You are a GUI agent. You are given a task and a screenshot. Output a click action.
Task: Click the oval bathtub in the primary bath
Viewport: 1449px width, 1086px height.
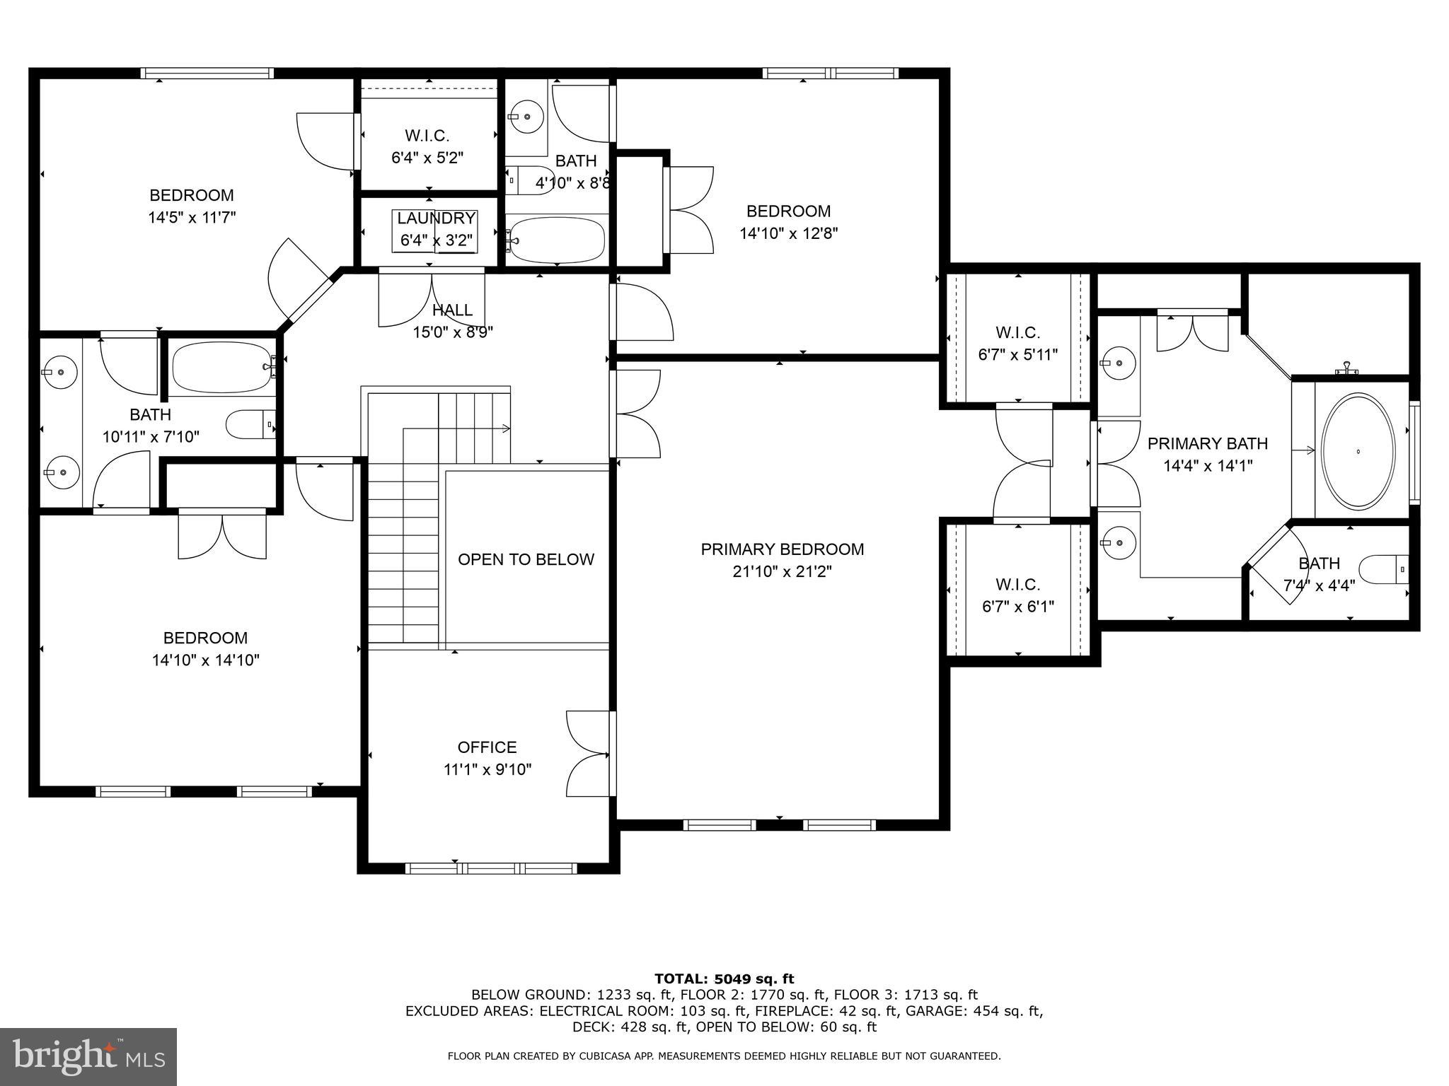point(1358,450)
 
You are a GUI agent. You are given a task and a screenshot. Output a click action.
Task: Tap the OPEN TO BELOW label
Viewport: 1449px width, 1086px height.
point(526,559)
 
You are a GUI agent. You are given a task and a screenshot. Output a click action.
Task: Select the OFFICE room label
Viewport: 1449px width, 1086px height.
point(487,747)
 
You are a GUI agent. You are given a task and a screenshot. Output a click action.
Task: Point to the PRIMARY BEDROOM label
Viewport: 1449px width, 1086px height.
point(782,549)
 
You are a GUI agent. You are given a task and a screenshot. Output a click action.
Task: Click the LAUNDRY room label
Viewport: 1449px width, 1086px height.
point(436,218)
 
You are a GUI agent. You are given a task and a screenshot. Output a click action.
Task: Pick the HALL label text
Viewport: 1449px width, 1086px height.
point(452,310)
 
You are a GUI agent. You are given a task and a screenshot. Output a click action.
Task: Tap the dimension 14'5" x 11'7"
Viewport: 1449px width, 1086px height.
point(192,217)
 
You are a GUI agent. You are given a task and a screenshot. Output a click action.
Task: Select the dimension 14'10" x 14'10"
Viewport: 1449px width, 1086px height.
point(205,660)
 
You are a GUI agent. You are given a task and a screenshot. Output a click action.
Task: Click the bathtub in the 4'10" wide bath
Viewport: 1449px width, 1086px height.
point(557,240)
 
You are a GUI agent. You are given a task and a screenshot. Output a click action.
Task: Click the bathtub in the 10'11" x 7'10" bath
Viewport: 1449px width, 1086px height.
point(221,367)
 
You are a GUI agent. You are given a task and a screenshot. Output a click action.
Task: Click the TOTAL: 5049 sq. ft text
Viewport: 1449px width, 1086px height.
point(724,979)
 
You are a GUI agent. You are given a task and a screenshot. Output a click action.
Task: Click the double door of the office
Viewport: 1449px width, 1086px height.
point(589,754)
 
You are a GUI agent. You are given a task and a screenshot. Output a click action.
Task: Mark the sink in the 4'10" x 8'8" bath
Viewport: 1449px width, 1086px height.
point(526,117)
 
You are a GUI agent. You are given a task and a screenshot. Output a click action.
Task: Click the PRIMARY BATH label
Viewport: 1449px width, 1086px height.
point(1207,443)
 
